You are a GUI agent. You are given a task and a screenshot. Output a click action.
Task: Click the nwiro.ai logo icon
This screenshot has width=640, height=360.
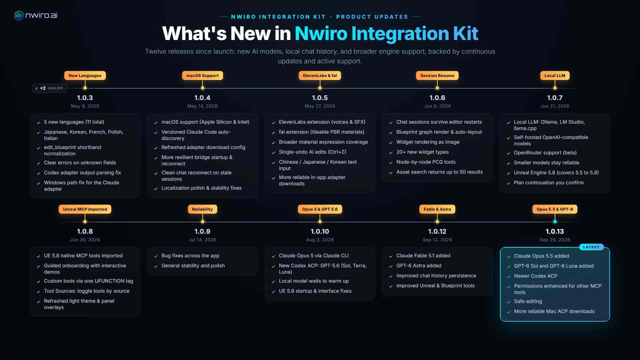(x=19, y=15)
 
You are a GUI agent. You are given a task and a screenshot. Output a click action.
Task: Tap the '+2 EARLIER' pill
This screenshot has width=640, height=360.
(x=49, y=88)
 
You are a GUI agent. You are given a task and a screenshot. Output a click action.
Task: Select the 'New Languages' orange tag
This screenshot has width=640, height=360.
(x=85, y=76)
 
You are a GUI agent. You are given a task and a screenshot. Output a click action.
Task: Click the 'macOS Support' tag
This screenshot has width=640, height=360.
(x=202, y=76)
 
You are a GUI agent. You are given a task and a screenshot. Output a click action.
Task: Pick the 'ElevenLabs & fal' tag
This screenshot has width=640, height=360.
(x=320, y=76)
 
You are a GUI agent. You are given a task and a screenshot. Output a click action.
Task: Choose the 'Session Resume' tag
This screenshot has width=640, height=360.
(x=437, y=76)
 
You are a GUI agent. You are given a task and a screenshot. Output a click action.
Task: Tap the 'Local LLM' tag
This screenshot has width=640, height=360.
(x=555, y=76)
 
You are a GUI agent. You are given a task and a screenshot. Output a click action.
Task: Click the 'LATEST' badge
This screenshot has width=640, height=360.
(x=591, y=247)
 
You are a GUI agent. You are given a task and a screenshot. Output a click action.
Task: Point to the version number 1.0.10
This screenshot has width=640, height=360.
(x=320, y=231)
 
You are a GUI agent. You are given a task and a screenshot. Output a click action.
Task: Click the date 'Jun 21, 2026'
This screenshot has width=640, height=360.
(x=555, y=106)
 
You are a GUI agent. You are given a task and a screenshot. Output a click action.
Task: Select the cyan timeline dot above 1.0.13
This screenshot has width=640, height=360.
(x=555, y=222)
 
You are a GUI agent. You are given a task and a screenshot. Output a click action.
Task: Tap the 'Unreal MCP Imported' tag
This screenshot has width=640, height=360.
(x=85, y=209)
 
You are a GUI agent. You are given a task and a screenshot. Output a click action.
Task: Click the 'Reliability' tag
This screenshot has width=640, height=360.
(x=202, y=209)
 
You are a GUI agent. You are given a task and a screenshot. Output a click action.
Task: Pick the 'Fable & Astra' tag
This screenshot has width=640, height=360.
(x=437, y=209)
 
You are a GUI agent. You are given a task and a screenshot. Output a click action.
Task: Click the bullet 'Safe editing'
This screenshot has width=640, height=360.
(x=528, y=301)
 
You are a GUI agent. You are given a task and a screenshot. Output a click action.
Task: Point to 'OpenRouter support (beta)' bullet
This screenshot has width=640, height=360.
(x=545, y=153)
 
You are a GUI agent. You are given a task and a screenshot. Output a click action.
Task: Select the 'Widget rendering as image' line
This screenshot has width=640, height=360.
(x=428, y=142)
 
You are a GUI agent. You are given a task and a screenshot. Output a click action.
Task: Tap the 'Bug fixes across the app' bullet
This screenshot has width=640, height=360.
(x=190, y=256)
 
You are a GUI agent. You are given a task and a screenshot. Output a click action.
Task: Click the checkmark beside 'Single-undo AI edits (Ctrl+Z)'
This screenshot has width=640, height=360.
(x=273, y=152)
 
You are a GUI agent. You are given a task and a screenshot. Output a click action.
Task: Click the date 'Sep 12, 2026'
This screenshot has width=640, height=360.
(x=437, y=240)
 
